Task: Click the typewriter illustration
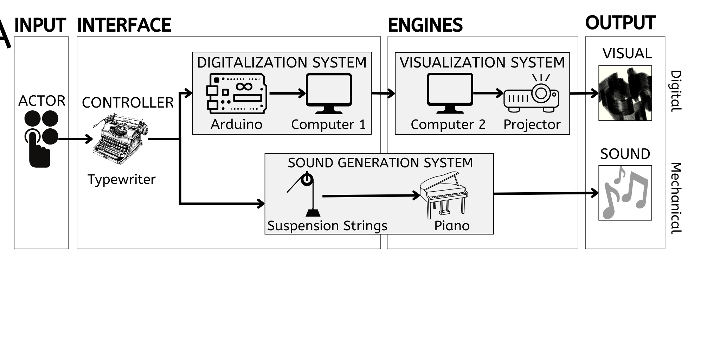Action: pos(120,139)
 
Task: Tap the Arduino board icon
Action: pos(237,94)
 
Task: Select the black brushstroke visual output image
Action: pos(625,93)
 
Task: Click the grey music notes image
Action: pos(625,193)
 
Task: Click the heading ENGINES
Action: pos(425,25)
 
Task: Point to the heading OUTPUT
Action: pos(620,23)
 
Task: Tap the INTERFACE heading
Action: pos(124,25)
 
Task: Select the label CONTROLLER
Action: pos(128,103)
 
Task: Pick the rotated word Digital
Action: pos(676,91)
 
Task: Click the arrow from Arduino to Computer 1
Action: pos(287,94)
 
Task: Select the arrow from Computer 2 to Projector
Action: pos(488,94)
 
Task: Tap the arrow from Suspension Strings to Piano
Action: pos(371,195)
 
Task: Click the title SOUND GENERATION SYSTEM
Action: pos(380,163)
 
